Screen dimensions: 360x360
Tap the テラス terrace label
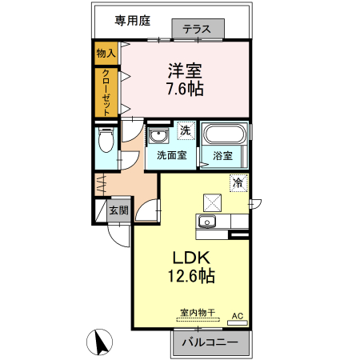197,30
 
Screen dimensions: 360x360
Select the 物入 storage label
106,53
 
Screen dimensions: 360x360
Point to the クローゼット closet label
106,91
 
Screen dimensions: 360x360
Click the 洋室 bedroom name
184,70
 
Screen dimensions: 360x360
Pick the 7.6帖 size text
184,89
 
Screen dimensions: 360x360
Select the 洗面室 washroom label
171,155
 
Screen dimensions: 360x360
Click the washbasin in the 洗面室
158,134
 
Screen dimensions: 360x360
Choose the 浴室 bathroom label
222,156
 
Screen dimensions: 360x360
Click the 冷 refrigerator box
238,183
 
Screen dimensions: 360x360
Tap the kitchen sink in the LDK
207,221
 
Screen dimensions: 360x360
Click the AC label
237,317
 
